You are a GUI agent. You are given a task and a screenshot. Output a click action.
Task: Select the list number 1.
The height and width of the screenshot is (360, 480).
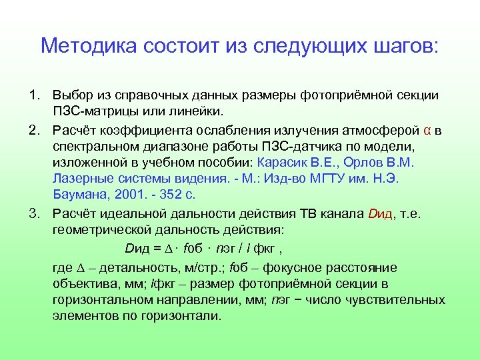coord(33,97)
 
